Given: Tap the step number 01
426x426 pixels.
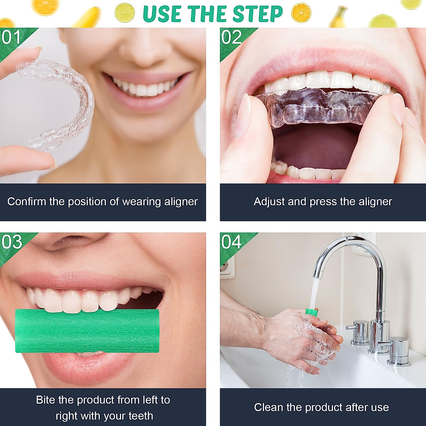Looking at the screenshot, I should [11, 37].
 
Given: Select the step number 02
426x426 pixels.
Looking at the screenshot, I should [231, 37].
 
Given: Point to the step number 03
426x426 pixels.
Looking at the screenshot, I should [12, 242].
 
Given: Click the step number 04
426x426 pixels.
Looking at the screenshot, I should [231, 242].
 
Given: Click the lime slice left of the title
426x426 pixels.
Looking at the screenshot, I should [125, 13].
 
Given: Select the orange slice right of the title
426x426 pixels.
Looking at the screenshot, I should [301, 13].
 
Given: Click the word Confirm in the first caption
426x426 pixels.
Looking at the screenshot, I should [27, 202].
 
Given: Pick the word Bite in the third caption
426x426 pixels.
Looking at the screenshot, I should [45, 400].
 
